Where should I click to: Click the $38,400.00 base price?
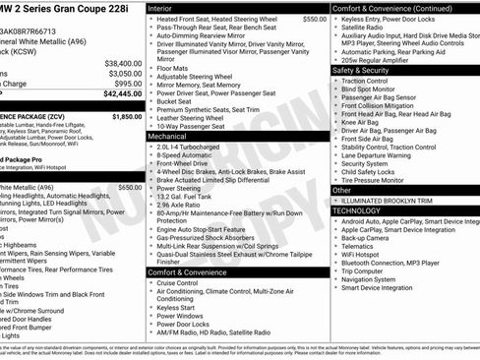tap(122, 62)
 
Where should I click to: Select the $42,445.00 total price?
tap(122, 95)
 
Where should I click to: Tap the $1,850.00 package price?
tap(126, 116)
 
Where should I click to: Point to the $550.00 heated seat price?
tap(314, 19)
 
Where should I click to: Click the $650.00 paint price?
tap(129, 187)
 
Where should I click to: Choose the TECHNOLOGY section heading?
tap(356, 210)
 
